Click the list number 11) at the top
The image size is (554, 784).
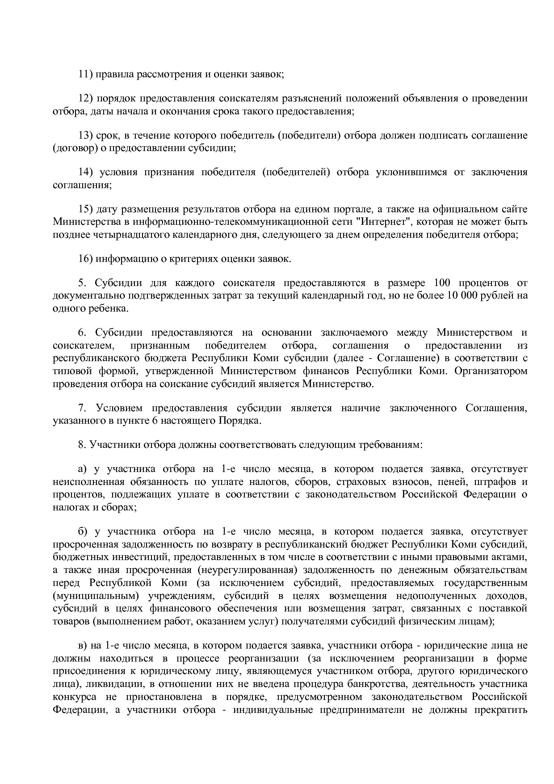(85, 74)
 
